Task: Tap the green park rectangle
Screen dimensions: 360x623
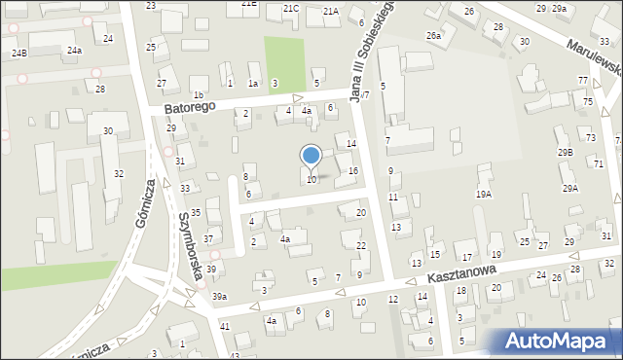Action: [x=283, y=59]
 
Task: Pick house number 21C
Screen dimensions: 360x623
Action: [x=291, y=8]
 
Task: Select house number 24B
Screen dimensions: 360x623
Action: [x=19, y=53]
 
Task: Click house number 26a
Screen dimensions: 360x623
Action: [x=433, y=35]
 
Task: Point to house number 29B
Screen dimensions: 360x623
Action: [x=566, y=153]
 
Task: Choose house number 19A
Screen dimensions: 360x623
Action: [x=483, y=194]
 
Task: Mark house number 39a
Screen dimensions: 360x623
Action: [x=220, y=297]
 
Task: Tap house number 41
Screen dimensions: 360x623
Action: [x=225, y=326]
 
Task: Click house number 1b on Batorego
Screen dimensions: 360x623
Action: [x=199, y=94]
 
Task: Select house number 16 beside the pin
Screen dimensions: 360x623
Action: [x=353, y=170]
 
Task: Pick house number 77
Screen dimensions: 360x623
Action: [x=582, y=80]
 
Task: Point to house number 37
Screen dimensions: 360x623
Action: [x=208, y=239]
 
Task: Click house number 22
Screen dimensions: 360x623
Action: [x=361, y=245]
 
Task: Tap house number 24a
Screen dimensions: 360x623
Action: [x=74, y=50]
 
